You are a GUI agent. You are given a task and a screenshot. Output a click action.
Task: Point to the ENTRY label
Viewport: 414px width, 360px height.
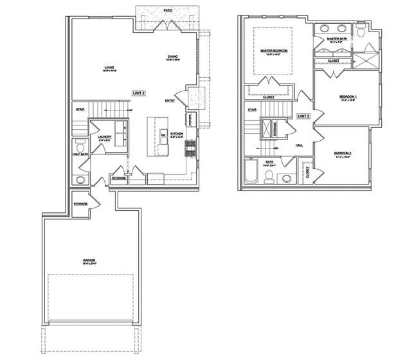[170, 100]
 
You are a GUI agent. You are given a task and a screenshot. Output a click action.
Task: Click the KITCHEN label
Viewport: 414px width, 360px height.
[177, 132]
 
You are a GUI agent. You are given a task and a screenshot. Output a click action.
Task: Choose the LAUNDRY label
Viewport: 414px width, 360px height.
[105, 136]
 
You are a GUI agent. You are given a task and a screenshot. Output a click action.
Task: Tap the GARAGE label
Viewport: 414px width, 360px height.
[89, 260]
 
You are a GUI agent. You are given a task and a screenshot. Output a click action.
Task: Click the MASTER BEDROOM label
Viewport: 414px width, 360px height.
[274, 50]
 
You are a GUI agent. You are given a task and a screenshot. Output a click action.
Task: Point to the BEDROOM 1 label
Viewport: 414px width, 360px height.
[348, 96]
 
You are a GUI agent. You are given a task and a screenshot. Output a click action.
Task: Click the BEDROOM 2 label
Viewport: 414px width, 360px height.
[343, 152]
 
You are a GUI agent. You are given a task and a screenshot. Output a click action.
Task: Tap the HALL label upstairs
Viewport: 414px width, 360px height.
[299, 145]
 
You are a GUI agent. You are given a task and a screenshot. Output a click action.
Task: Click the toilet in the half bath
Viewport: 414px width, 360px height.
[80, 145]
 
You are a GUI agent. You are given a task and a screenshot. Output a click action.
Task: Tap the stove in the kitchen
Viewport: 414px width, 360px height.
[190, 148]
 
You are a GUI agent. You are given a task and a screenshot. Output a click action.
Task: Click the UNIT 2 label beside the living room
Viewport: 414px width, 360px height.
[139, 93]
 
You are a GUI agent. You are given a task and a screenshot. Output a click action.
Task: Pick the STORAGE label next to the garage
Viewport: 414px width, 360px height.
[80, 204]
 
